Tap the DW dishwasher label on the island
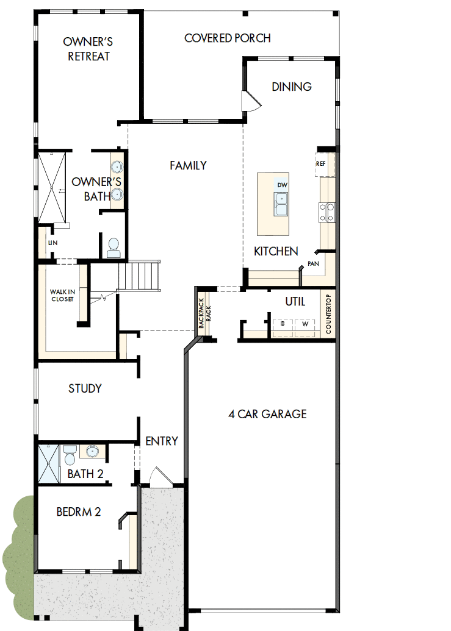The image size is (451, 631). click(281, 185)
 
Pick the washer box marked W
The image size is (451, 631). click(303, 324)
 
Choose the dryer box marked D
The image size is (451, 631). click(283, 324)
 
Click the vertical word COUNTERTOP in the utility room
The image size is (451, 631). click(328, 314)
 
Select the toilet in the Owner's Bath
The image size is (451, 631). click(113, 247)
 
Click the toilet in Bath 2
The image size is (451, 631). click(70, 454)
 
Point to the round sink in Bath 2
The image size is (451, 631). click(91, 452)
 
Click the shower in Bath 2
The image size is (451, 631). click(49, 463)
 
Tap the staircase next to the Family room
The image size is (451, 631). click(140, 276)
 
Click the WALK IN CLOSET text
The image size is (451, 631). click(61, 296)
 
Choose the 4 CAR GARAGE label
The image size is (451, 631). click(267, 415)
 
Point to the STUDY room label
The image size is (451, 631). click(85, 388)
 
